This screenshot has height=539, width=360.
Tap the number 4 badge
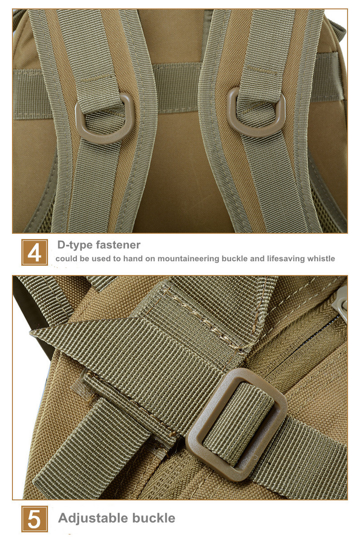point(35,252)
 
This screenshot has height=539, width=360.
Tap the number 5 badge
point(35,519)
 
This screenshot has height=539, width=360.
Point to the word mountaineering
point(188,259)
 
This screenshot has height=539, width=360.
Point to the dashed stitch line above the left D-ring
point(97,80)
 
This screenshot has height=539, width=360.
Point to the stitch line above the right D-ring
point(263,70)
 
